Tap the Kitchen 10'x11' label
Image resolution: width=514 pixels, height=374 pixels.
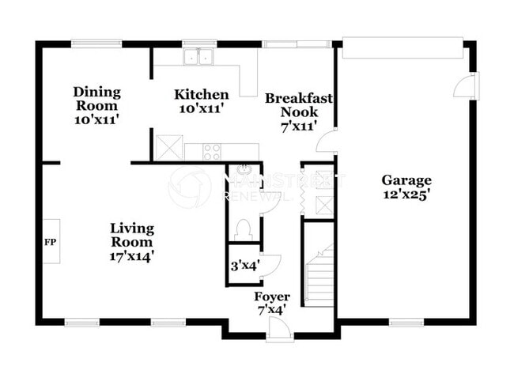coord(202,102)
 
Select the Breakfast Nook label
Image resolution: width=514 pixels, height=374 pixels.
coord(298,111)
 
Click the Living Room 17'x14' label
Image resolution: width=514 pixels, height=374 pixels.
coord(131,242)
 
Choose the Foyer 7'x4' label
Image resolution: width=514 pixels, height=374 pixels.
coord(271,303)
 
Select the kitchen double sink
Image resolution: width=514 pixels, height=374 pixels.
coord(198,57)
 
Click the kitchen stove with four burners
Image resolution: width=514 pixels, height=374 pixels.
coord(212,151)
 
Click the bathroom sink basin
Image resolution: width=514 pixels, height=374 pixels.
coord(244,171)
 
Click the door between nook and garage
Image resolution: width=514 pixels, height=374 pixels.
coord(327,142)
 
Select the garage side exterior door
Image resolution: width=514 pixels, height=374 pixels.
coord(467,85)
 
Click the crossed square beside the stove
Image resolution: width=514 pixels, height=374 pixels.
coord(168,148)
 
